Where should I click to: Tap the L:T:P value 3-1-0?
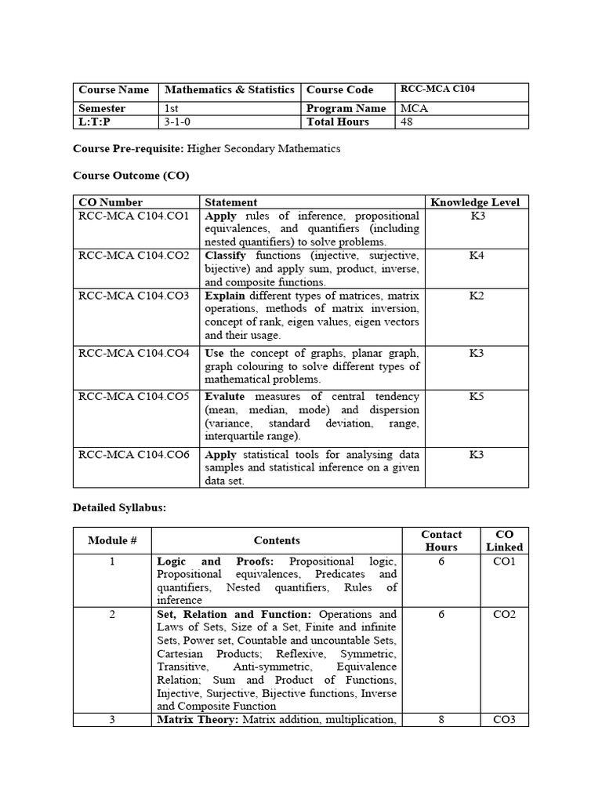click(178, 122)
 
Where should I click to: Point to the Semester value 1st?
click(171, 109)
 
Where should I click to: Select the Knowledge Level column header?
click(475, 202)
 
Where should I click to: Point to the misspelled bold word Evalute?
click(225, 397)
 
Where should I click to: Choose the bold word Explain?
click(225, 296)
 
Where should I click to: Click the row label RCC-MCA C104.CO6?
click(134, 454)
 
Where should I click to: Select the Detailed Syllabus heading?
click(119, 508)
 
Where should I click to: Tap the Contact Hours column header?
click(441, 540)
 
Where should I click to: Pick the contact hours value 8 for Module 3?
click(441, 719)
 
